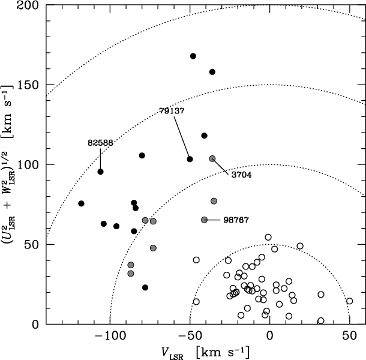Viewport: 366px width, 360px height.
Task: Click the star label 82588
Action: (x=100, y=143)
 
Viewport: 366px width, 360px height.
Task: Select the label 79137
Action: (x=172, y=111)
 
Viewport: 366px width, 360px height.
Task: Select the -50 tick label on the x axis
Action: (x=189, y=334)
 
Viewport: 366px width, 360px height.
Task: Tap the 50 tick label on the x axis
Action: (x=349, y=334)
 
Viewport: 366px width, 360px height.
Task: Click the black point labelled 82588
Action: (x=100, y=172)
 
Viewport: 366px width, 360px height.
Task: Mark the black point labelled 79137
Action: (x=190, y=159)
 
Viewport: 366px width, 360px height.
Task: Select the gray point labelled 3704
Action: (x=212, y=158)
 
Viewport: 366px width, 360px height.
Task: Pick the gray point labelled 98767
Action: (x=205, y=220)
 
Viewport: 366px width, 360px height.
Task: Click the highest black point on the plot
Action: (x=193, y=56)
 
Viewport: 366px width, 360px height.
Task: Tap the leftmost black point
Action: (x=81, y=203)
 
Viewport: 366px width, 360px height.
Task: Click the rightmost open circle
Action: (x=350, y=301)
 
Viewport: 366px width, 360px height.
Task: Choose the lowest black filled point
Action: (x=145, y=287)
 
